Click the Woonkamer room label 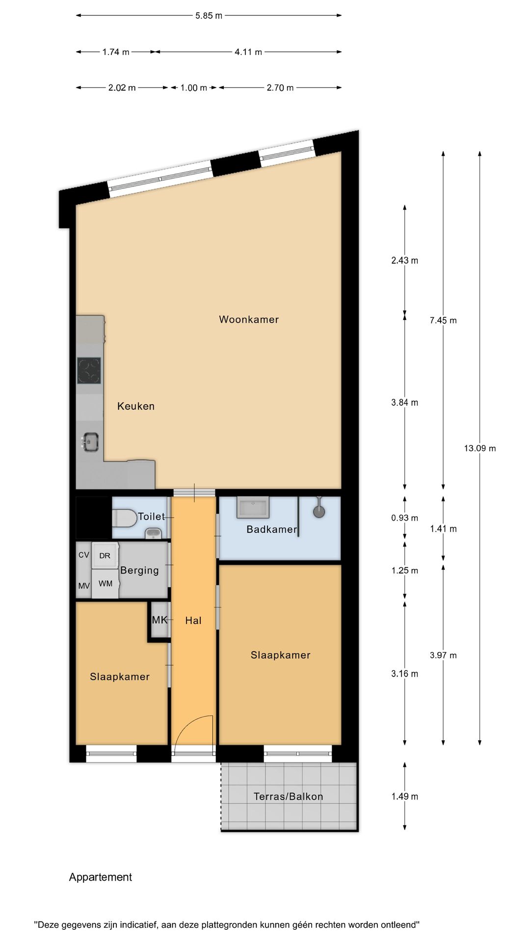249,319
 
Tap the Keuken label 136,406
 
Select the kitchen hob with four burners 89,370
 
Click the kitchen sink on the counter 90,442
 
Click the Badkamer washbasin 253,507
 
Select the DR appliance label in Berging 105,556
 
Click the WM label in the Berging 106,583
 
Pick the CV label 84,554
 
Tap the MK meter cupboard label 159,620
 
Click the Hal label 193,621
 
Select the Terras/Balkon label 289,796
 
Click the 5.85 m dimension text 209,16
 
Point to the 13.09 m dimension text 480,448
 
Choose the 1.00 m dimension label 194,88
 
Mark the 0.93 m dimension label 405,518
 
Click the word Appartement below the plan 101,877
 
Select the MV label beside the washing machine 84,586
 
